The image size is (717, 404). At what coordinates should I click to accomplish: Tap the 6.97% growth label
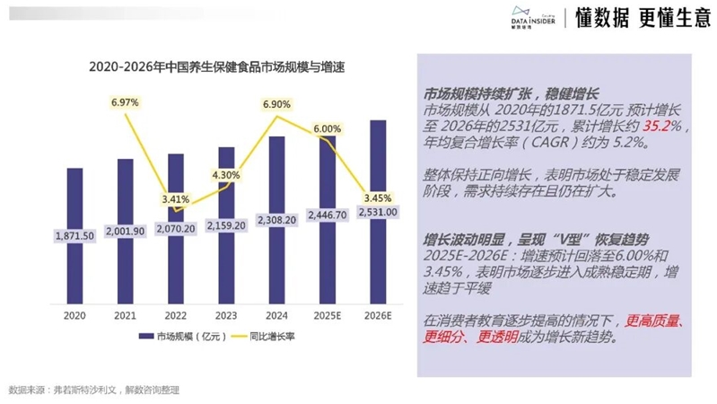(125, 103)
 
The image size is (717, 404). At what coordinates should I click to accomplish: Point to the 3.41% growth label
(176, 198)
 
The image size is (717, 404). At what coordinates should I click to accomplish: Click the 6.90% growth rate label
(276, 105)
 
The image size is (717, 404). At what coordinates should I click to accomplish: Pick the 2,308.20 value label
(276, 218)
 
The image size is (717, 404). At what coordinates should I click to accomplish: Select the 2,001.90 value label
(125, 231)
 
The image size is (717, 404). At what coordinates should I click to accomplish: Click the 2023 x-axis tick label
(226, 315)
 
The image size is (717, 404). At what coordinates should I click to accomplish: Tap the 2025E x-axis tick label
(327, 315)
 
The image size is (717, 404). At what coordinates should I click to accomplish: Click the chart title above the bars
(223, 67)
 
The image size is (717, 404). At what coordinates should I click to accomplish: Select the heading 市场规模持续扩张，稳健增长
(511, 94)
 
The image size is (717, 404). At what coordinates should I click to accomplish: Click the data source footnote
(94, 391)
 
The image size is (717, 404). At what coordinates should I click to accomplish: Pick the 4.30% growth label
(225, 175)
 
